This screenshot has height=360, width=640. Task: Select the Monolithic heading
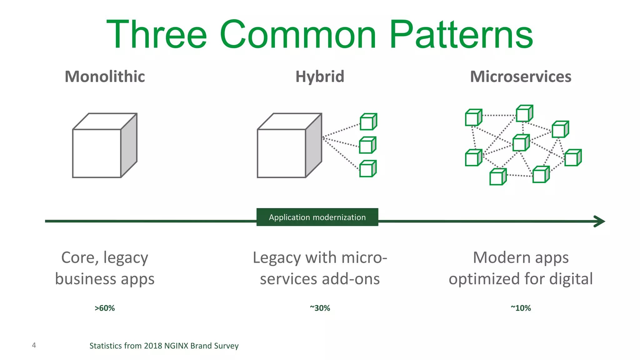click(105, 77)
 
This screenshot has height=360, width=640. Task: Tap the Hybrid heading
click(320, 77)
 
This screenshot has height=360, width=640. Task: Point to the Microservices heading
click(521, 77)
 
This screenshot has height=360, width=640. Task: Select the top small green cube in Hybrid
click(368, 122)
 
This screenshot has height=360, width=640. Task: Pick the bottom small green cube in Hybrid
click(367, 169)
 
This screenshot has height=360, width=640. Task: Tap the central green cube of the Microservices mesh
click(521, 143)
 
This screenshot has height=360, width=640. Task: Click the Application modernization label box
click(317, 217)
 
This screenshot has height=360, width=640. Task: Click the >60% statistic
click(105, 308)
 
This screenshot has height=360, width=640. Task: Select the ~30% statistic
click(320, 308)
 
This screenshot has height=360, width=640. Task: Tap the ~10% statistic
click(521, 308)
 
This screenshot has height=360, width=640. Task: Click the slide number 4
click(34, 345)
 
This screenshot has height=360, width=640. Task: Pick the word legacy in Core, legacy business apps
click(126, 258)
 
